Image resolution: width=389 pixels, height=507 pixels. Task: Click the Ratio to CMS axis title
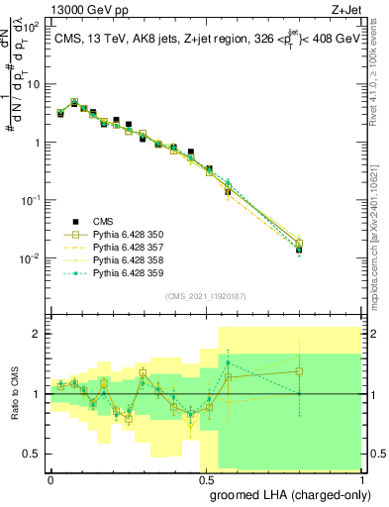13,393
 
